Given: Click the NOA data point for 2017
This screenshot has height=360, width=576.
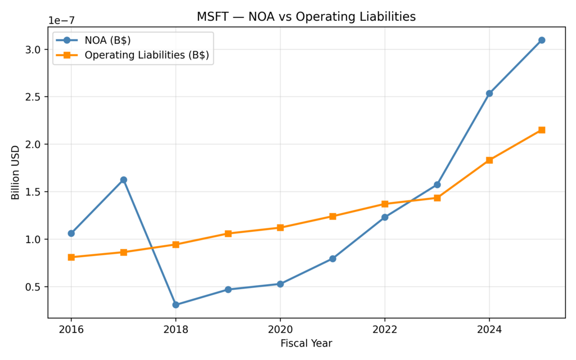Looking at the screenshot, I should click(123, 180).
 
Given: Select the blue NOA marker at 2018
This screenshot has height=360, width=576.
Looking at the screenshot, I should click(175, 305).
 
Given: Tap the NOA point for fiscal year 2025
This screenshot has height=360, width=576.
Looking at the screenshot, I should click(541, 40).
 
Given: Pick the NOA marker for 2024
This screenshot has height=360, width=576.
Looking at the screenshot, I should click(489, 93).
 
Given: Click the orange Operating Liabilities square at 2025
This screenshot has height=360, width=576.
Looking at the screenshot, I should click(541, 130).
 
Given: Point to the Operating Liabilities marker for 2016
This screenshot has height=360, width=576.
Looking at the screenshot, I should click(71, 257).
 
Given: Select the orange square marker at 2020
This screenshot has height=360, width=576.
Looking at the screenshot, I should click(280, 228).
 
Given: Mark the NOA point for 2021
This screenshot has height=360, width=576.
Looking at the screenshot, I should click(332, 259).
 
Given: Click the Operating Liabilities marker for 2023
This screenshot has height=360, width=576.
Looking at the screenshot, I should click(437, 198).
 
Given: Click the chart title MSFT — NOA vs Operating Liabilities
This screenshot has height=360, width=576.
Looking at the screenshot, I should click(306, 17).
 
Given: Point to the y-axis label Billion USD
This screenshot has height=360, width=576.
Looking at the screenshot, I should click(15, 172).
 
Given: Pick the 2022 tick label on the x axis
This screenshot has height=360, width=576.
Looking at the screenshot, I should click(385, 329).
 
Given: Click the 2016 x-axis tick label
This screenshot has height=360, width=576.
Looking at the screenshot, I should click(71, 329).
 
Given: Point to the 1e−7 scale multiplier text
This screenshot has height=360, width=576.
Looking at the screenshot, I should click(61, 21).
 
